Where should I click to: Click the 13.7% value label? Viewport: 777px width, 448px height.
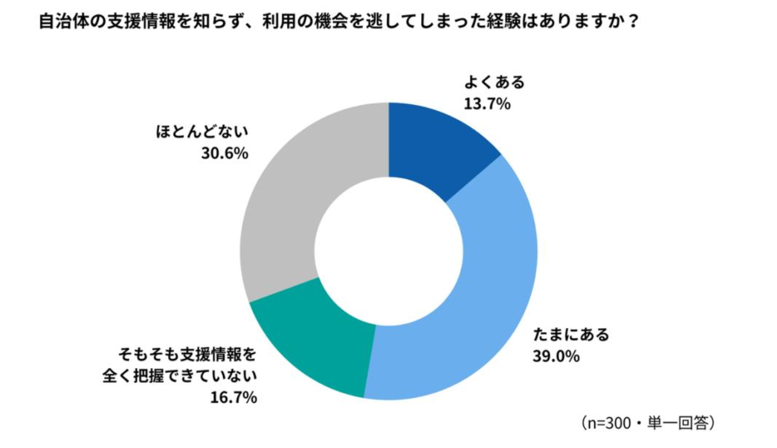488,104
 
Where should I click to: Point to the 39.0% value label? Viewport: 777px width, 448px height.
556,356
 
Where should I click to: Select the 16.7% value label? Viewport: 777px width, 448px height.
234,398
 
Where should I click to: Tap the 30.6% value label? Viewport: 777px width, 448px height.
225,153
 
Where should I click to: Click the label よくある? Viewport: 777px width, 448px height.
495,82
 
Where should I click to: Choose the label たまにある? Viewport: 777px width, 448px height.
571,334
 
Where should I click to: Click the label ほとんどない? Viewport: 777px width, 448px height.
202,132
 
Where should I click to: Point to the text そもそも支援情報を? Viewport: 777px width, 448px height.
188,354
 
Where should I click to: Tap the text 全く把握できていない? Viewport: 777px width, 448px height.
179,376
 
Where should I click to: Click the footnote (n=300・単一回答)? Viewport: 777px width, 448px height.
647,423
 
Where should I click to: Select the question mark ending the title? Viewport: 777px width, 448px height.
633,22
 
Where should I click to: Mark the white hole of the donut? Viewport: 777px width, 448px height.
389,251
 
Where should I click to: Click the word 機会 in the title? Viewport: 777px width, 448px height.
331,22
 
